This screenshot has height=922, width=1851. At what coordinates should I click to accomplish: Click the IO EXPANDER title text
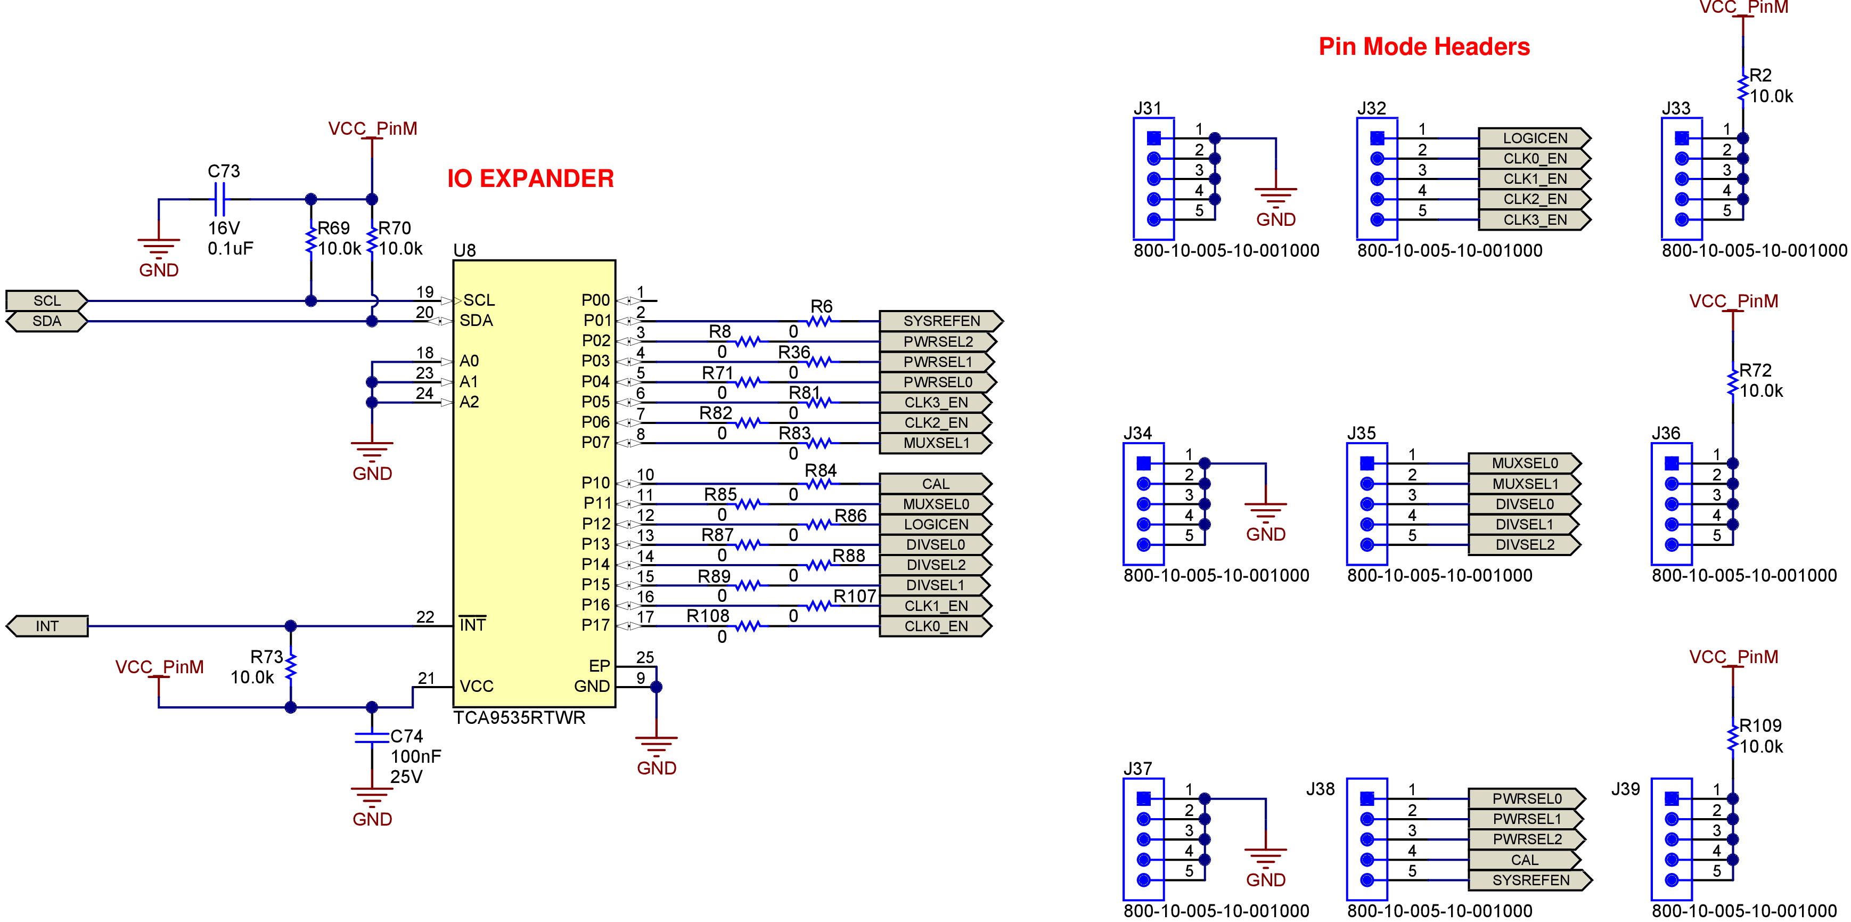(x=530, y=178)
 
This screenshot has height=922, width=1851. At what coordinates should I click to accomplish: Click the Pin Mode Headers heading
(x=1423, y=47)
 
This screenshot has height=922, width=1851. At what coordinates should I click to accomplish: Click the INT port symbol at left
(x=47, y=626)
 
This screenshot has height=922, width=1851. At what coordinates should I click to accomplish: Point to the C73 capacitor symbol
(x=220, y=199)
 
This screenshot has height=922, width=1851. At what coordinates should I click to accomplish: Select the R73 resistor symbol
(x=290, y=667)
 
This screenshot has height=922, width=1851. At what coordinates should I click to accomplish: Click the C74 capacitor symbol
(x=372, y=737)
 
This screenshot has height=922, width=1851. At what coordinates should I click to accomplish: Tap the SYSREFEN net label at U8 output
(x=940, y=321)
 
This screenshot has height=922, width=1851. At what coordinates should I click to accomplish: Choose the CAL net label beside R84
(x=935, y=484)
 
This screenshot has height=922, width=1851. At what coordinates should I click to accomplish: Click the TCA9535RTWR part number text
(x=519, y=718)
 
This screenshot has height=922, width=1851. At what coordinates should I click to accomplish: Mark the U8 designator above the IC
(x=464, y=250)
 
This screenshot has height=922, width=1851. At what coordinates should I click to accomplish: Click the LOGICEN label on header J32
(x=1534, y=138)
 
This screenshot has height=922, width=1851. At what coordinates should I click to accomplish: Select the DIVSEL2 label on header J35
(x=1524, y=545)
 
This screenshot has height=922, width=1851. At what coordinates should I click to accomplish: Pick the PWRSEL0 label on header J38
(x=1526, y=798)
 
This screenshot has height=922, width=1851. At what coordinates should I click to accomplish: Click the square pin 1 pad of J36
(x=1672, y=463)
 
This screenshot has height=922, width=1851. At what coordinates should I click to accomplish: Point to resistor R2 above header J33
(x=1742, y=86)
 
